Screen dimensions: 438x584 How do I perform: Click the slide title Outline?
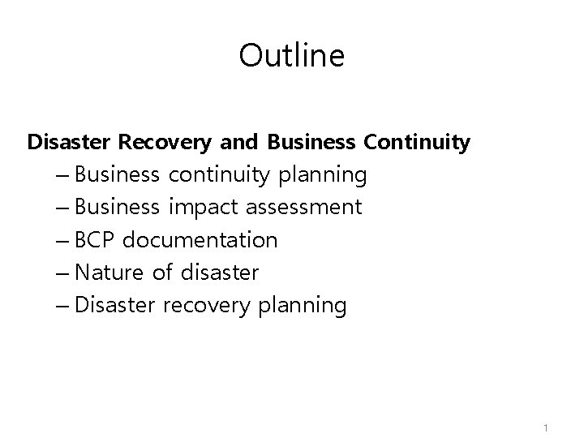[292, 56]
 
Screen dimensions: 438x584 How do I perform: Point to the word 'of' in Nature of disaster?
[162, 273]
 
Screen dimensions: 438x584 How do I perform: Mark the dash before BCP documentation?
[64, 241]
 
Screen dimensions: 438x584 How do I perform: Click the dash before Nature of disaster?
[64, 273]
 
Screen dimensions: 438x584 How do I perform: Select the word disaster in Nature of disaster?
[220, 273]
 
